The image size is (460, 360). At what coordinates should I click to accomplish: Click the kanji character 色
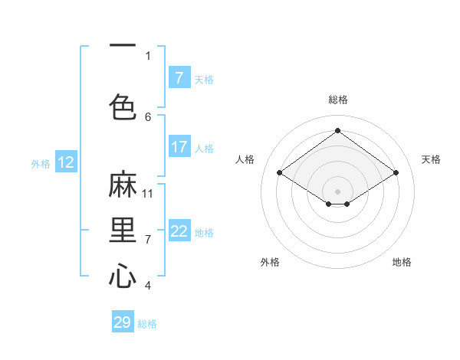click(123, 107)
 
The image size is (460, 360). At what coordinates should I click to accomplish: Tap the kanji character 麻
click(123, 187)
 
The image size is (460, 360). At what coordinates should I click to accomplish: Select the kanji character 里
click(123, 231)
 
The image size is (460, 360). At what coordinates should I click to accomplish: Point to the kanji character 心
click(123, 276)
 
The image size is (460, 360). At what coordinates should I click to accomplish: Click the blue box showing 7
click(179, 77)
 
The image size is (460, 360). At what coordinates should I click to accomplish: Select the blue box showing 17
click(179, 146)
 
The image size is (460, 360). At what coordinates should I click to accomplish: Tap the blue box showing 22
click(179, 231)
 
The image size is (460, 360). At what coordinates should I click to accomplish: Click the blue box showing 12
click(66, 162)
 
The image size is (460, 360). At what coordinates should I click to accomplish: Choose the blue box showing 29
click(123, 322)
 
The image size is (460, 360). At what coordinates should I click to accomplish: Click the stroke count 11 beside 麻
click(148, 193)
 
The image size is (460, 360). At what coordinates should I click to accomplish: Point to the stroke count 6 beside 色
click(148, 116)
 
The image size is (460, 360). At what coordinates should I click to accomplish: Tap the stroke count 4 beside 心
click(148, 286)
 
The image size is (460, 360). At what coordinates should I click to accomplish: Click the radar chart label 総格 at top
click(338, 100)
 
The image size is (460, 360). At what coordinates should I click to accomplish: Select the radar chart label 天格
click(431, 159)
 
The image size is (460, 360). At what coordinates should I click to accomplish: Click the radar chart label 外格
click(270, 262)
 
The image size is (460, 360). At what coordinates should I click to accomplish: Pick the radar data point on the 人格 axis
click(280, 173)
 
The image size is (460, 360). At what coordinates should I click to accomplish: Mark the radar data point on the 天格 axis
click(396, 173)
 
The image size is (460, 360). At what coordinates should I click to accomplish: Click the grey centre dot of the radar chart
click(337, 191)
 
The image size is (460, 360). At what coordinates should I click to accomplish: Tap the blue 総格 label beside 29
click(147, 324)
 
